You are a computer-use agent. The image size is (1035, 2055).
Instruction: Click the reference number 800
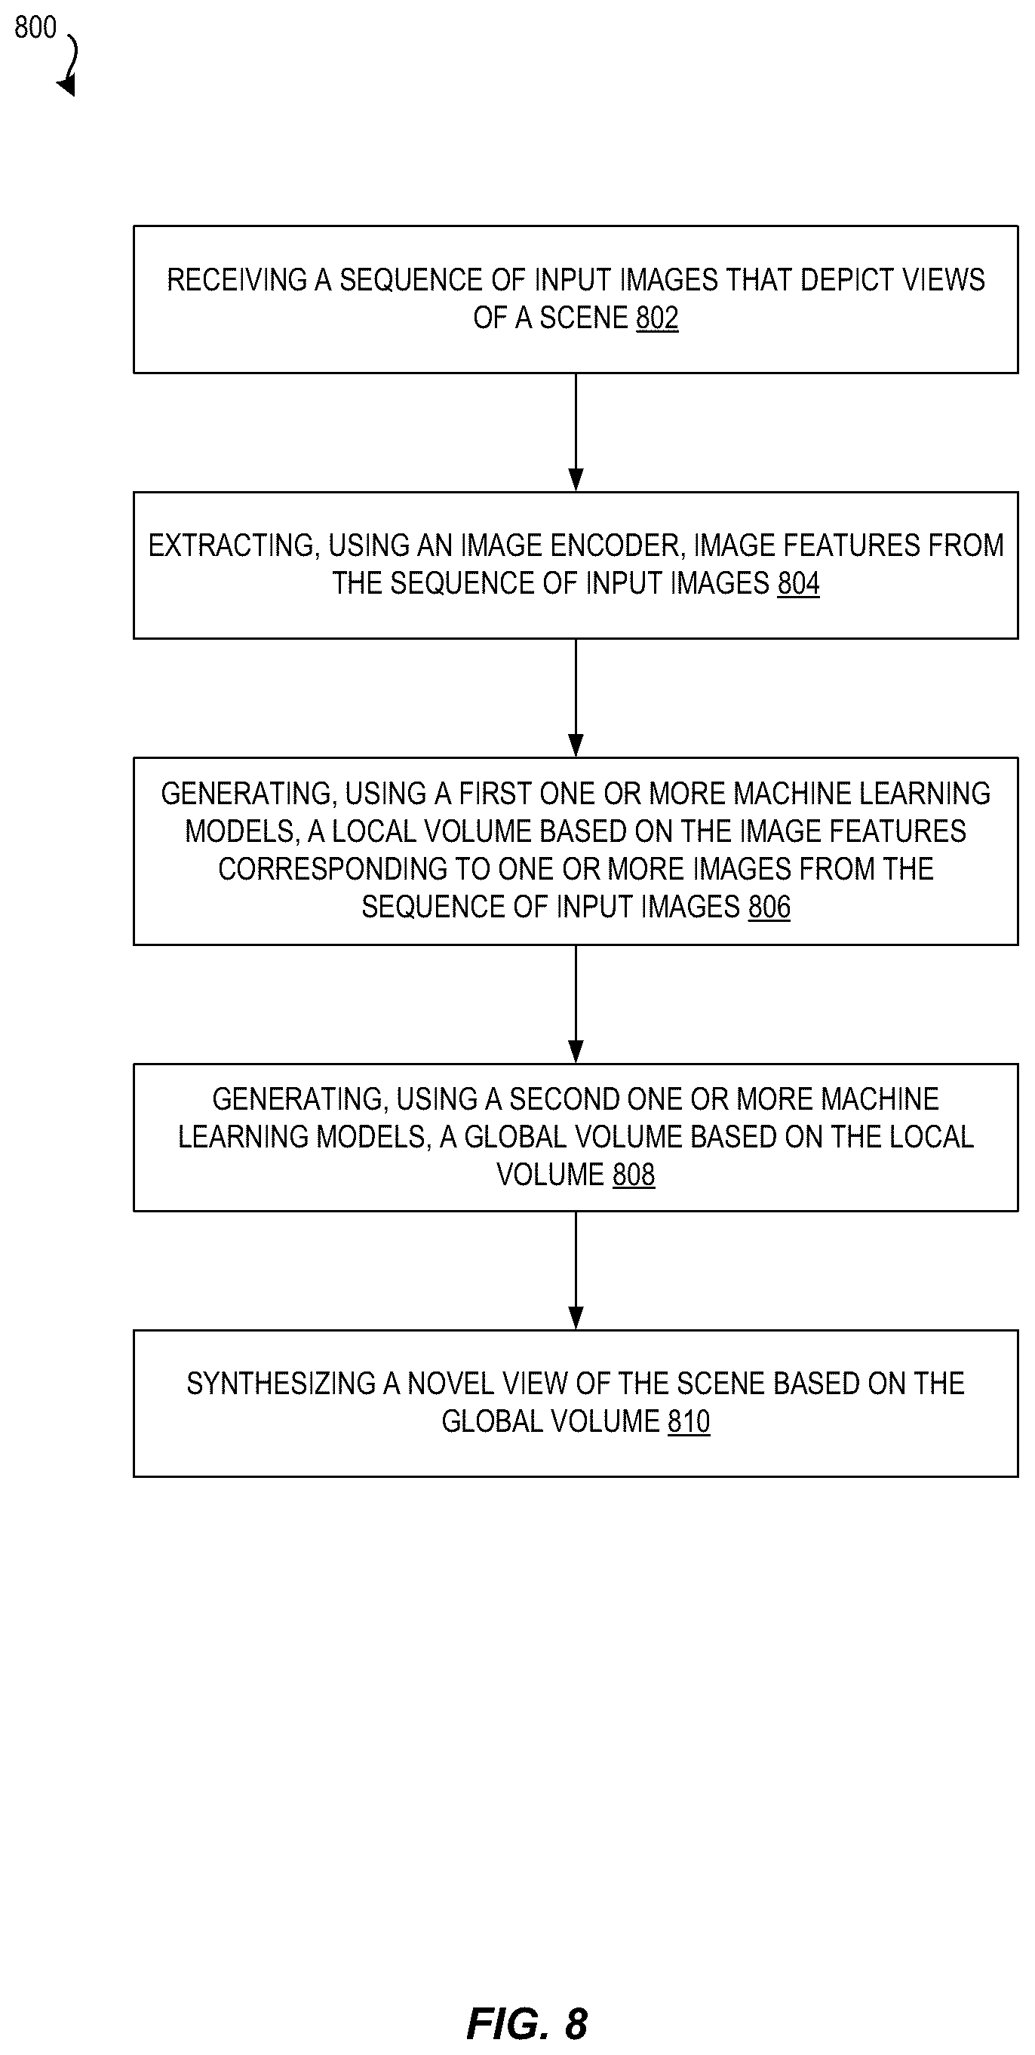(35, 27)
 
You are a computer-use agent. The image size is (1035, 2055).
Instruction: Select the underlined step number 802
(657, 318)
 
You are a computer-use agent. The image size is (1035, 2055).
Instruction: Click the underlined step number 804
(799, 584)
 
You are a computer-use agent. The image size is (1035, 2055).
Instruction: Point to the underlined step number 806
(769, 907)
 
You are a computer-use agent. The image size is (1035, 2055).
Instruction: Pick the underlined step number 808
(634, 1175)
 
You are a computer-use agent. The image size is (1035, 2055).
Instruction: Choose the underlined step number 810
(689, 1421)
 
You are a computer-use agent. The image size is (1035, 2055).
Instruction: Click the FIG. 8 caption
(527, 2025)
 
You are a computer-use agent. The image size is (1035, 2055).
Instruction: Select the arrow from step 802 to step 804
(576, 432)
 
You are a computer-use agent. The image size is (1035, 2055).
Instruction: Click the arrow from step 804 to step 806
(576, 698)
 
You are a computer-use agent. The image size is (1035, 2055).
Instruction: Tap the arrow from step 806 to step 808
(576, 1004)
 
